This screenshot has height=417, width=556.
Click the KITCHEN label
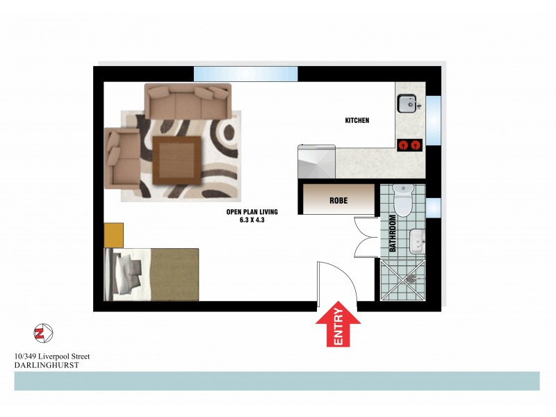coord(357,120)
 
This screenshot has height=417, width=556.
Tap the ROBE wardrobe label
coord(338,201)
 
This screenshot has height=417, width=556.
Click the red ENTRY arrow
coord(338,325)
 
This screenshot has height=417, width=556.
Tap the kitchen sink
coord(407,104)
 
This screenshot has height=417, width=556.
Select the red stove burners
coord(409,145)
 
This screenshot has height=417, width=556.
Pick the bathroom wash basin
coord(416,240)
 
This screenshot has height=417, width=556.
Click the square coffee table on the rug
coord(177,158)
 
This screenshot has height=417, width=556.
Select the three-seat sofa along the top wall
coord(187,101)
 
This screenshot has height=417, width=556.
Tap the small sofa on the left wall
coord(121,158)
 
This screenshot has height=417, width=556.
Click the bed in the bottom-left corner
coord(152,275)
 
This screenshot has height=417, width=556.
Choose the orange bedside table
coord(114,234)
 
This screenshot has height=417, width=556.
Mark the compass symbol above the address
coord(43,332)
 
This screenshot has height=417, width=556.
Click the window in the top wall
coord(245,73)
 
